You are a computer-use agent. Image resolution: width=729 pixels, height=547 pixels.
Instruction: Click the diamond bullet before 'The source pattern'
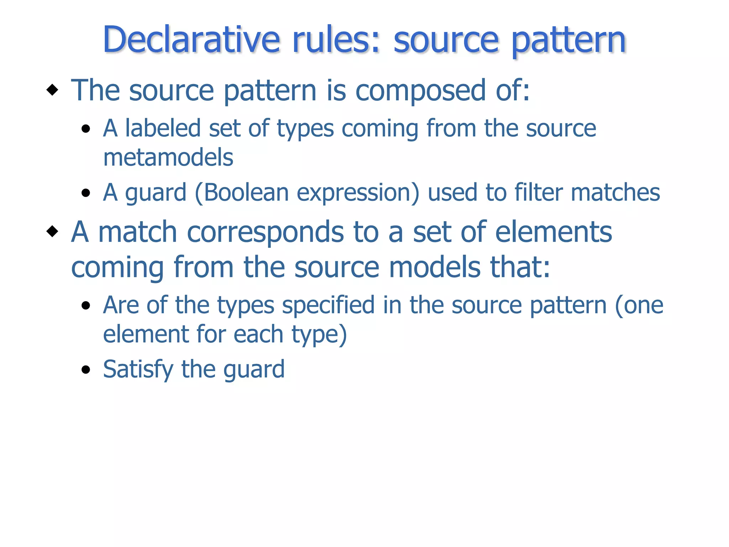(52, 90)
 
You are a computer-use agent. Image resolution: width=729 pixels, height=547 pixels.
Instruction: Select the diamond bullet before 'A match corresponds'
(52, 231)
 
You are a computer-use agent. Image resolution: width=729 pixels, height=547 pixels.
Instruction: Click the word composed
(421, 90)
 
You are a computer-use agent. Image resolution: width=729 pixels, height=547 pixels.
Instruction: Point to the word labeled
(163, 128)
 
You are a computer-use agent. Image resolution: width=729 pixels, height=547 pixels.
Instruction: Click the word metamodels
(168, 157)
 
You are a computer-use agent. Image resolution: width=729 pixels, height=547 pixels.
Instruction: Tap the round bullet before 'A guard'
(86, 193)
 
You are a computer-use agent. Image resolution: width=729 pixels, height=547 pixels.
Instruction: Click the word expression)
(358, 193)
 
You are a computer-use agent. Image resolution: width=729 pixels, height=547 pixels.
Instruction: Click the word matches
(615, 193)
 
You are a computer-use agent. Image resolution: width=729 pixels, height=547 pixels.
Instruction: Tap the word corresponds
(265, 232)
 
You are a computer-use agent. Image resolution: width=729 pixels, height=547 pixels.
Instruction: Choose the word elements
(554, 232)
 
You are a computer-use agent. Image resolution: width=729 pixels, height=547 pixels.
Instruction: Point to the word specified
(328, 306)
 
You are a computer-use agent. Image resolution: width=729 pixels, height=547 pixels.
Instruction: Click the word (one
(639, 306)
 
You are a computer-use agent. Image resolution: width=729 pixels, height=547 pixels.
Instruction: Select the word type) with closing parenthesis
(319, 335)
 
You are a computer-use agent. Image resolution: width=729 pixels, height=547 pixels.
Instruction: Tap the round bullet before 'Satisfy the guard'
(86, 370)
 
